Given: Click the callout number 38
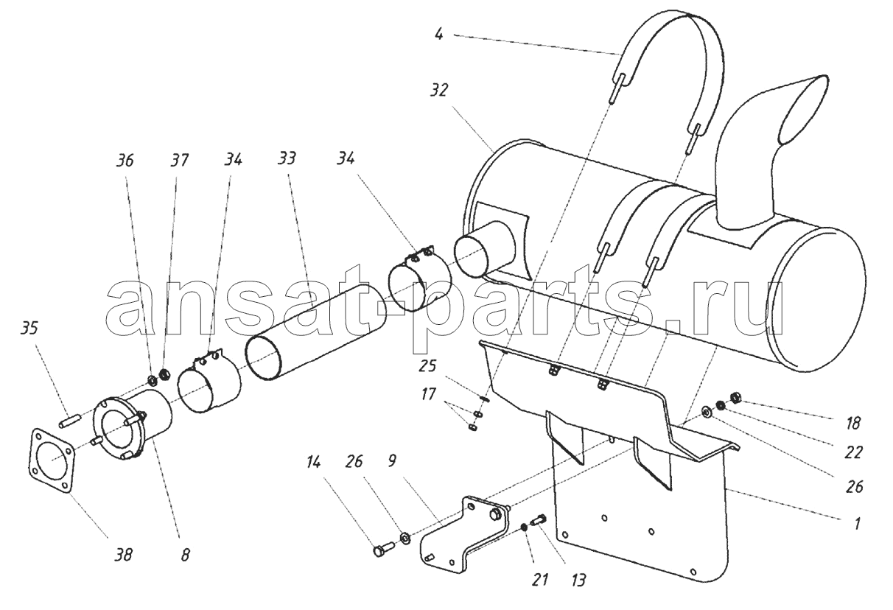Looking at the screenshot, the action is (x=123, y=555).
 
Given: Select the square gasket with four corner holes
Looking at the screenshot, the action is (x=52, y=459).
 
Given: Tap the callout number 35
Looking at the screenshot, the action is (x=29, y=329).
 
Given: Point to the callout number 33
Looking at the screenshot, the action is (x=287, y=158).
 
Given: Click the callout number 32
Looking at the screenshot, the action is (x=438, y=91).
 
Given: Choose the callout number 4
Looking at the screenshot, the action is (x=438, y=35).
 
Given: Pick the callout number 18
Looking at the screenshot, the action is (x=853, y=424).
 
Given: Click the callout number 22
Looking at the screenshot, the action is (x=853, y=452).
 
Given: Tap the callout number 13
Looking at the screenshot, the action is (x=578, y=581).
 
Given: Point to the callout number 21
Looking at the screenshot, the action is (x=540, y=580).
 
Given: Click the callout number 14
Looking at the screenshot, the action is (x=314, y=463).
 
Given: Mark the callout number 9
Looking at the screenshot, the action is (x=391, y=461).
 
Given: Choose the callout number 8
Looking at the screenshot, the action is (x=185, y=555).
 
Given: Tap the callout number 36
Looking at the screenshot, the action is (x=125, y=161).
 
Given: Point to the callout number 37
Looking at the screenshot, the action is (x=179, y=161).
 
